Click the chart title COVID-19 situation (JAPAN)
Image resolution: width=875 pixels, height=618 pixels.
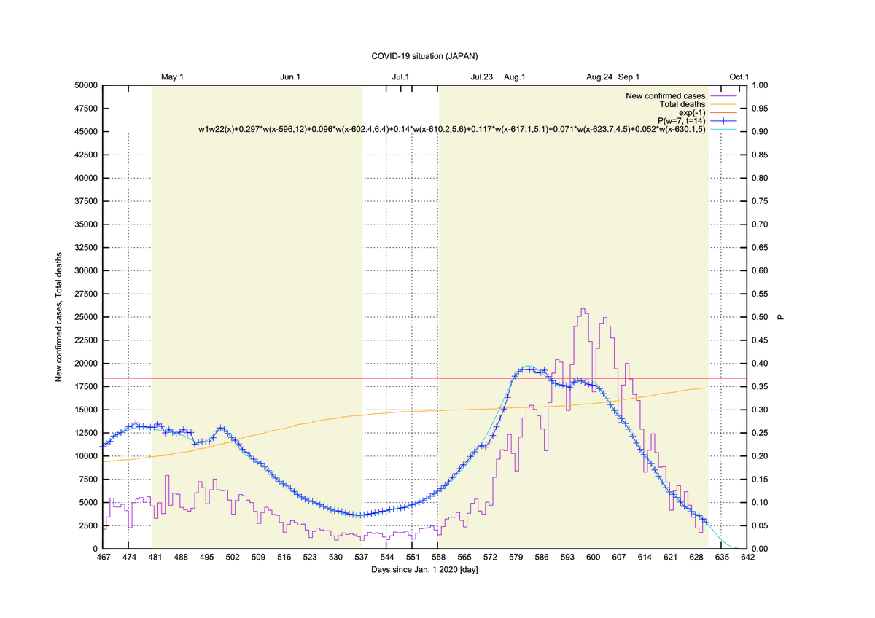[x=424, y=56]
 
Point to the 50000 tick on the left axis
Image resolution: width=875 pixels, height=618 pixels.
[x=86, y=85]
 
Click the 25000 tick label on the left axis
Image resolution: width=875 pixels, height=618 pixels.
[x=86, y=317]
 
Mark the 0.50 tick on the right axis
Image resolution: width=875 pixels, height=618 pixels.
[x=759, y=317]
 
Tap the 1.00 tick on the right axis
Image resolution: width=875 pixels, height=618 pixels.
[x=759, y=85]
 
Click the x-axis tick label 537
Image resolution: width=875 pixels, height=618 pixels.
[x=362, y=557]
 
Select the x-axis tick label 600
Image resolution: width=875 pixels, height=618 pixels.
[x=593, y=557]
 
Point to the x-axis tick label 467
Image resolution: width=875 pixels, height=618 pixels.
[x=103, y=557]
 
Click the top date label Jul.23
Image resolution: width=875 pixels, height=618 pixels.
[x=482, y=77]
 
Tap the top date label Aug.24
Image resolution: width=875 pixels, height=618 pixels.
[x=599, y=77]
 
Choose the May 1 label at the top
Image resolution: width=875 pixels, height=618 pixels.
[x=172, y=77]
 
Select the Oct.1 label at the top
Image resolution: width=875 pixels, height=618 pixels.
[x=739, y=77]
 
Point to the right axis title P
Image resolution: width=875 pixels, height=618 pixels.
[x=780, y=317]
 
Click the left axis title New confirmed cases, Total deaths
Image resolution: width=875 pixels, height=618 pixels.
[x=58, y=317]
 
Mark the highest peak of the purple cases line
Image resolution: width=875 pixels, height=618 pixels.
[x=583, y=309]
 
